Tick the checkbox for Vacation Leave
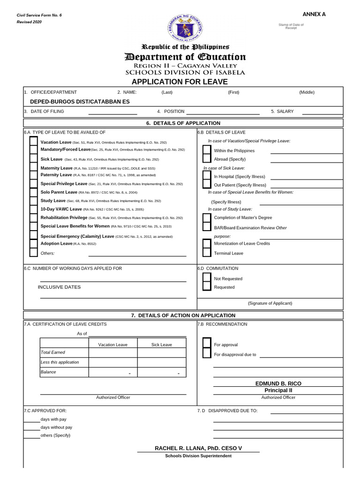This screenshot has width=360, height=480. (33, 142)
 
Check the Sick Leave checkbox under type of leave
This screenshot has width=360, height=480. (33, 159)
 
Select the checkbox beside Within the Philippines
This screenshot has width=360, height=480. (206, 150)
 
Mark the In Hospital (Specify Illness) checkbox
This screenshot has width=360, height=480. (206, 176)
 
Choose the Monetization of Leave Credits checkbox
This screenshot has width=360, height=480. (206, 244)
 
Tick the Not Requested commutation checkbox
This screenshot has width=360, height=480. (206, 278)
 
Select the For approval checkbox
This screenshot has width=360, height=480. (206, 345)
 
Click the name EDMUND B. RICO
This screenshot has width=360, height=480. (278, 383)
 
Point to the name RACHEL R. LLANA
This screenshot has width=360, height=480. (198, 449)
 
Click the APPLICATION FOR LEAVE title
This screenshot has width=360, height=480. (180, 82)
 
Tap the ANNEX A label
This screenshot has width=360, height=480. (314, 14)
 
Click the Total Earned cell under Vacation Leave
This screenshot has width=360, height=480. (113, 352)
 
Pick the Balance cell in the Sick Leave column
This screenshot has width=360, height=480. (162, 372)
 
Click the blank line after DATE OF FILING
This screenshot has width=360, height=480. (112, 112)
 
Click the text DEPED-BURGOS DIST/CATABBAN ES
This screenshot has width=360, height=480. (80, 101)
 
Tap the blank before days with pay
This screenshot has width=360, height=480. (31, 420)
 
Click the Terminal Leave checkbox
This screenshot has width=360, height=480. (206, 253)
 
